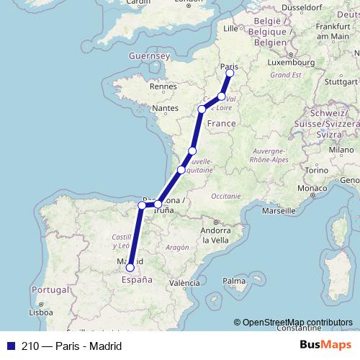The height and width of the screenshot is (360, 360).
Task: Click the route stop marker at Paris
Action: point(230,73)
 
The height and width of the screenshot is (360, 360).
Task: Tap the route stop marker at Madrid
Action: point(130,267)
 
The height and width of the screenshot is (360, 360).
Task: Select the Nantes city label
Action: point(165,108)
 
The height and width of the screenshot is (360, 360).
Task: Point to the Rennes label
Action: point(163,86)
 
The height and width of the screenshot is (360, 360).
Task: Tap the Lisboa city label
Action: point(40,312)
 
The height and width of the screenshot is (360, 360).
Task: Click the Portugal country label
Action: point(49,288)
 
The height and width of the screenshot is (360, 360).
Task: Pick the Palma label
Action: point(234,280)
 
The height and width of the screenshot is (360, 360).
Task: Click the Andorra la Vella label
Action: point(215,235)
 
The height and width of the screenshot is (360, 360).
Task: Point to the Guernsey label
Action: point(148,55)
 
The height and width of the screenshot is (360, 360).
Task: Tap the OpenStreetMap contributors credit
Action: point(297,322)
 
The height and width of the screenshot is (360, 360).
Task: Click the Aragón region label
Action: point(176,246)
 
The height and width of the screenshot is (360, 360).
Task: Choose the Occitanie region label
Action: point(226,195)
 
